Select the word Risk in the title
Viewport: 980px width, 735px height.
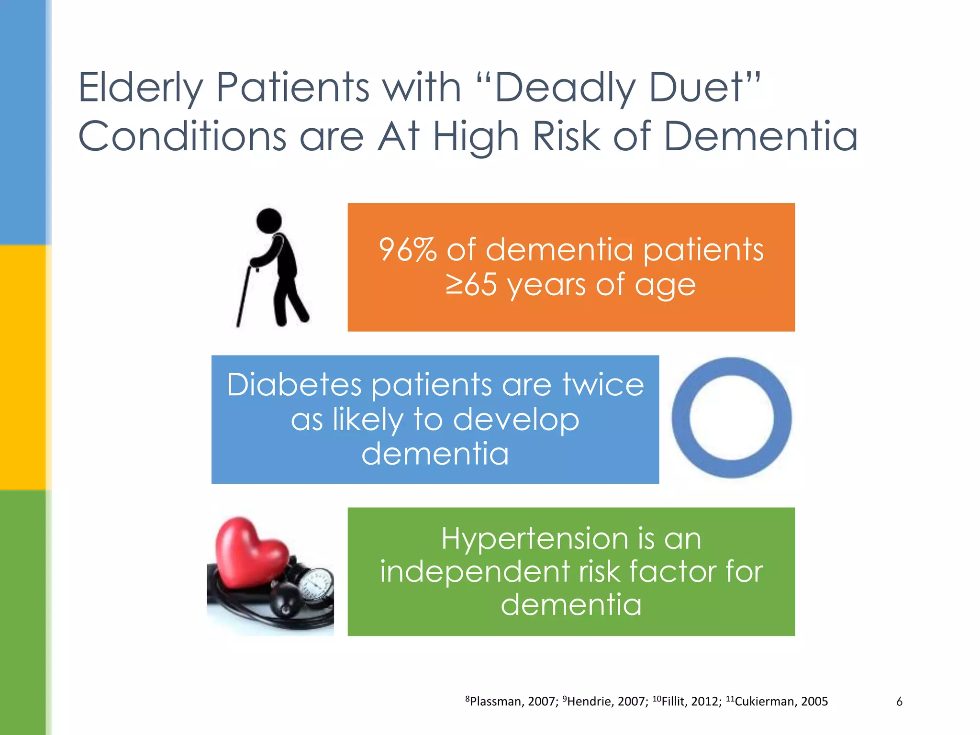tap(567, 136)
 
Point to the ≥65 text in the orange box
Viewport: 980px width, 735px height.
tap(471, 285)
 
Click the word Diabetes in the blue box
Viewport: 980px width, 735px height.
tap(294, 385)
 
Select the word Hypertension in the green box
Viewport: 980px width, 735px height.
tap(534, 539)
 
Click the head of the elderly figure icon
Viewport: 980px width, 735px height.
tap(269, 221)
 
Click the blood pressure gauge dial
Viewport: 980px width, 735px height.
tap(316, 586)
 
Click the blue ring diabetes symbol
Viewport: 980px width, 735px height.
tap(731, 418)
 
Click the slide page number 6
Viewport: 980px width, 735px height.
tap(899, 702)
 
